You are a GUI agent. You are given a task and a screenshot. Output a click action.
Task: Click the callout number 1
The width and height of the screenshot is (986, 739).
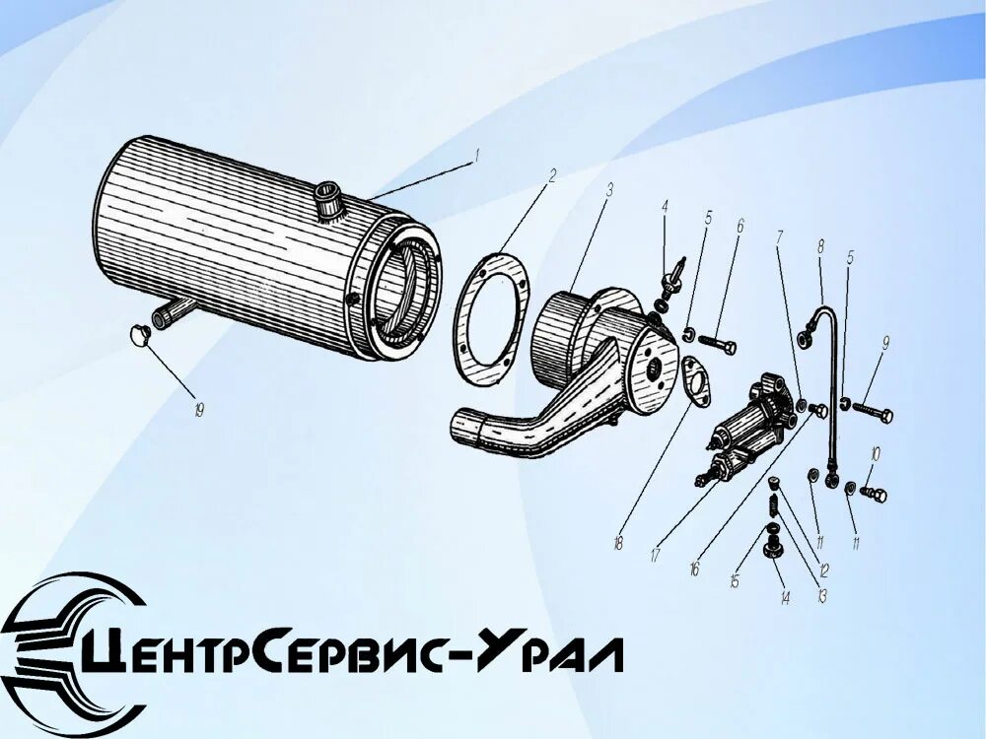[475, 156]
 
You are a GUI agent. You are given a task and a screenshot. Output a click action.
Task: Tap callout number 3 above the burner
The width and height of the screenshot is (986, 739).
[610, 190]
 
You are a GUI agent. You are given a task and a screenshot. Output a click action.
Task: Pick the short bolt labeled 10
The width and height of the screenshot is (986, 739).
[873, 493]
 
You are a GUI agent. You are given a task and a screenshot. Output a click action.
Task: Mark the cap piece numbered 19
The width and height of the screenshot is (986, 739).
[138, 335]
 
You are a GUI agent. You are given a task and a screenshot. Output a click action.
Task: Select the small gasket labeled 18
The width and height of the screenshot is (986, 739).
[700, 382]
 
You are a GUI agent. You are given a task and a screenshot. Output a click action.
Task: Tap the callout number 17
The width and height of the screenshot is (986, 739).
[655, 555]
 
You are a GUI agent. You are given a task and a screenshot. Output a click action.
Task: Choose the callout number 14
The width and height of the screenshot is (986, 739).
[785, 597]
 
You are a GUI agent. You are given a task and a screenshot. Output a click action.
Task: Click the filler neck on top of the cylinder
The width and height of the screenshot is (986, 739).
[328, 203]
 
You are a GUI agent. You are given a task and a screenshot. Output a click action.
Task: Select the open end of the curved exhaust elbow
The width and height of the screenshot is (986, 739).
[466, 430]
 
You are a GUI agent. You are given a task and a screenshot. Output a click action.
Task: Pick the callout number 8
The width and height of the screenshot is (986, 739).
[819, 246]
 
